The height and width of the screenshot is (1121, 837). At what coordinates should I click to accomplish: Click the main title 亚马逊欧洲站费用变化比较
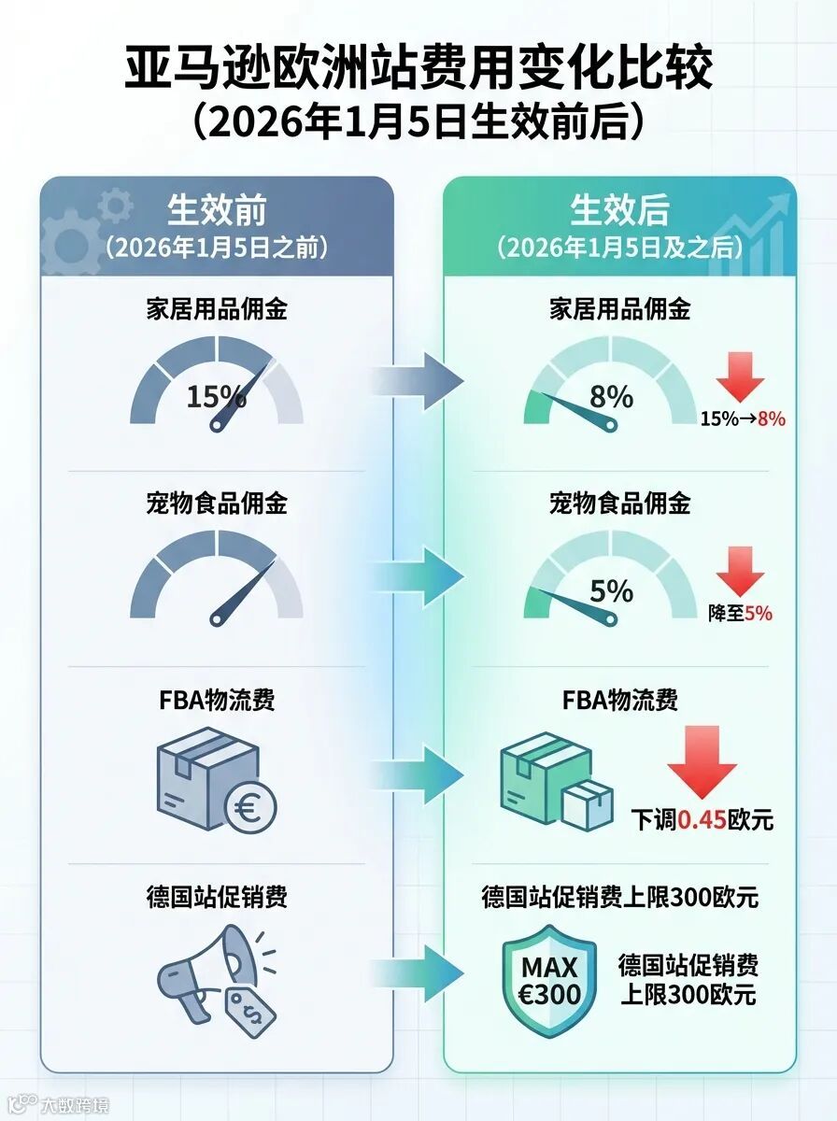418,70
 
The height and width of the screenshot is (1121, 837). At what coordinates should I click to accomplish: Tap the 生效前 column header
216,208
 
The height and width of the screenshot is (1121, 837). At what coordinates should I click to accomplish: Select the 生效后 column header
619,208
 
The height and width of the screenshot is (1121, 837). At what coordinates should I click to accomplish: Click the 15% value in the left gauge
216,396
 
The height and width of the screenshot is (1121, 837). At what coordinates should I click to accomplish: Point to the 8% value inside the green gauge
612,396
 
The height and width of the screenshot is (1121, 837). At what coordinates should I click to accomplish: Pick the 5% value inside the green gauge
612,590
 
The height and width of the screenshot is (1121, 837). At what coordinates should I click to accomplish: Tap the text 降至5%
741,614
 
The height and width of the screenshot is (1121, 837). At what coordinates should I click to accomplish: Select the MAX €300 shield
549,981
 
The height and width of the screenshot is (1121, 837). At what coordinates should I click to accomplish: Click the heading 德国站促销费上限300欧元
619,899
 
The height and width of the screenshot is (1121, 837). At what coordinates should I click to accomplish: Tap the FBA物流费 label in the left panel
216,699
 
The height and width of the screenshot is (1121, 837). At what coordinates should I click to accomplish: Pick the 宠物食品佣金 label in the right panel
619,504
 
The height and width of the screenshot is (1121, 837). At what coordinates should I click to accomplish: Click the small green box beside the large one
588,806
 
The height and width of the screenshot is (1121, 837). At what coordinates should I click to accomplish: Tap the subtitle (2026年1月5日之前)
216,248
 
